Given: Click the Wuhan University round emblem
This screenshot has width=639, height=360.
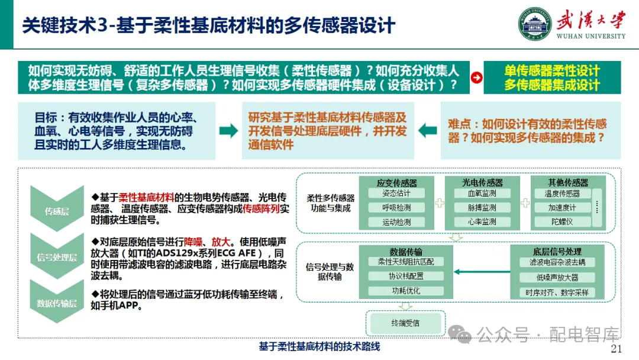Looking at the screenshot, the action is tap(535, 25).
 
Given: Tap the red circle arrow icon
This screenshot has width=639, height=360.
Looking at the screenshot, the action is tap(476, 78).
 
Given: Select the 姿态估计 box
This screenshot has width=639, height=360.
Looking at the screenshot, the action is tap(396, 194).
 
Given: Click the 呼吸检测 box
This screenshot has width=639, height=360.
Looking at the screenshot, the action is tap(396, 208).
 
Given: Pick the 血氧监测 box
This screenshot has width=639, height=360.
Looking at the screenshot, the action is tap(482, 194).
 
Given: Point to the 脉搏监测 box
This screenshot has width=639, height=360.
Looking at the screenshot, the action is tap(482, 208).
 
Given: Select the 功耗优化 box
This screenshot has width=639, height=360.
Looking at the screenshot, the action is tap(405, 291).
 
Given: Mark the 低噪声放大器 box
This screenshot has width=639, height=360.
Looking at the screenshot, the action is tap(557, 277).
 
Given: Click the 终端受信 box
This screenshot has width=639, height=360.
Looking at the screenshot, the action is tap(405, 323).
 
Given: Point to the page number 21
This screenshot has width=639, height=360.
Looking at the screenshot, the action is tap(616, 348).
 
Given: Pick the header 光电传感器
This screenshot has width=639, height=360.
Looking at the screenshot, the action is tap(482, 182).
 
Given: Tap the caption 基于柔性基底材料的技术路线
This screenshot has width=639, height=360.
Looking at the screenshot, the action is tap(319, 346).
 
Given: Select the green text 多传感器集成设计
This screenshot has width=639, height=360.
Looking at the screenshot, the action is tap(552, 85).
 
